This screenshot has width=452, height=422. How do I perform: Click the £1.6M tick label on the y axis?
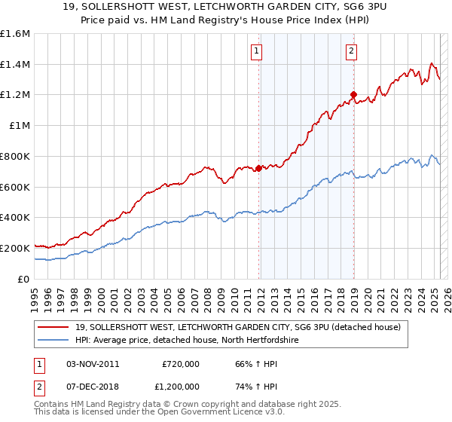[x=16, y=34]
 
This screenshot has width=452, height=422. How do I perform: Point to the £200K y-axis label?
[x=15, y=248]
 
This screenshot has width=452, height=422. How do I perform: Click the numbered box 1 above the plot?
[x=257, y=51]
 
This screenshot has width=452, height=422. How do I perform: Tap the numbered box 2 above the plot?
[x=352, y=51]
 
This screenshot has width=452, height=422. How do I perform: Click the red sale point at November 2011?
[x=258, y=168]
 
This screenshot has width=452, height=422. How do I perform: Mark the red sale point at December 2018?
[x=353, y=94]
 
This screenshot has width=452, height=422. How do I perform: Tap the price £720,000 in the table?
[x=181, y=364]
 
